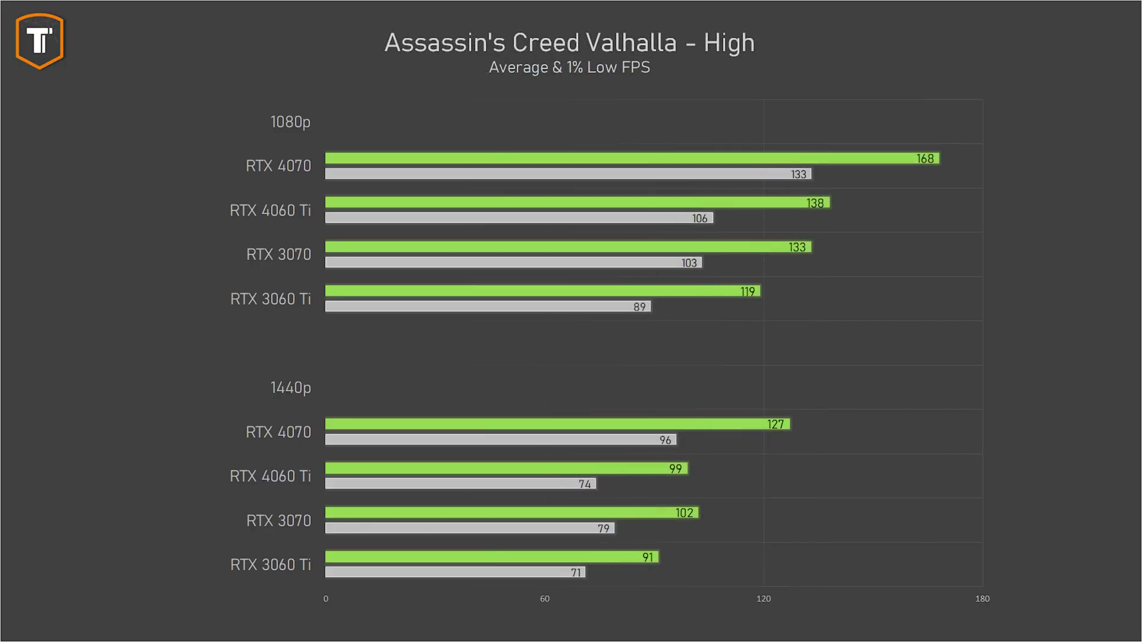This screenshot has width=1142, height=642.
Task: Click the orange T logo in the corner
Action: click(x=39, y=41)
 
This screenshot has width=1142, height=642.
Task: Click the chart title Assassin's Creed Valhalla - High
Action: click(x=569, y=43)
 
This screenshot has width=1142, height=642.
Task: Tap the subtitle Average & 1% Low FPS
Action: click(x=569, y=67)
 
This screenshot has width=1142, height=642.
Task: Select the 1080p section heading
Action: click(x=290, y=122)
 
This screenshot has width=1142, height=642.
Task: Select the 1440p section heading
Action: click(x=290, y=388)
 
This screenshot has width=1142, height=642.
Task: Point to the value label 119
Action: click(x=748, y=291)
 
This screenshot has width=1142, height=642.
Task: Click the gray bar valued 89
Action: click(x=488, y=307)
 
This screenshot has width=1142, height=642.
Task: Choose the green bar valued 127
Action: click(x=557, y=424)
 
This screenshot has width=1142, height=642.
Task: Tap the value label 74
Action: click(x=585, y=484)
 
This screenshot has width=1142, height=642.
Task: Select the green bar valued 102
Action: click(x=512, y=512)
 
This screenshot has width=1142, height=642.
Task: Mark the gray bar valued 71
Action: click(x=455, y=572)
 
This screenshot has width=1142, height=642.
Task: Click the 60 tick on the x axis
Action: click(x=544, y=599)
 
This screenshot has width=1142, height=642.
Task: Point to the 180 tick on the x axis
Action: click(x=982, y=599)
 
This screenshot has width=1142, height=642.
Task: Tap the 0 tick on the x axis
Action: click(x=325, y=599)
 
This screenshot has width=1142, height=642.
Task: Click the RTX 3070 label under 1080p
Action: click(x=278, y=254)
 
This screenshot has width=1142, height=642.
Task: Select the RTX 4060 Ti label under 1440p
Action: click(x=270, y=476)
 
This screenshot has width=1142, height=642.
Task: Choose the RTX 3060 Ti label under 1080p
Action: click(x=270, y=299)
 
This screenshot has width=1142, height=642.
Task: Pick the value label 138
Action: click(x=815, y=203)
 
